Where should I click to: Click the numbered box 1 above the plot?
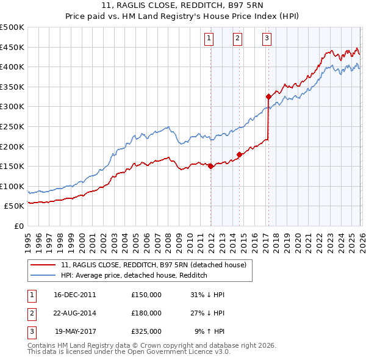pyautogui.click(x=209, y=38)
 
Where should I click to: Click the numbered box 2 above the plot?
pyautogui.click(x=237, y=38)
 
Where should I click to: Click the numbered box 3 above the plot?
pyautogui.click(x=267, y=38)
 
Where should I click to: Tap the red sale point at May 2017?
pyautogui.click(x=268, y=96)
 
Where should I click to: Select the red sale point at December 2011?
pyautogui.click(x=210, y=166)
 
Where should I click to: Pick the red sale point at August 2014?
pyautogui.click(x=239, y=154)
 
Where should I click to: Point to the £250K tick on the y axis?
pyautogui.click(x=12, y=126)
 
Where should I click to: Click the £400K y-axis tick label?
pyautogui.click(x=12, y=67)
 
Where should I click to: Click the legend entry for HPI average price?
pyautogui.click(x=134, y=275)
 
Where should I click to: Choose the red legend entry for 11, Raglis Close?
pyautogui.click(x=153, y=265)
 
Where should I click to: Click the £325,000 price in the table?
pyautogui.click(x=146, y=331)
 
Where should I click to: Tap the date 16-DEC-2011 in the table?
pyautogui.click(x=74, y=295)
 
